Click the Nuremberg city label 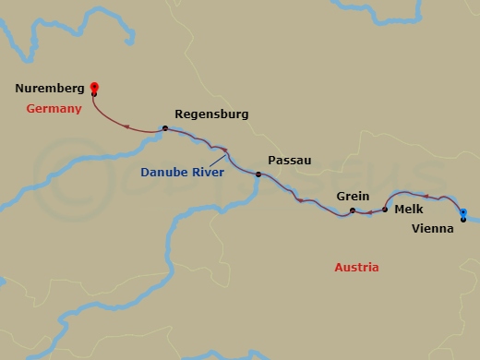click(49, 91)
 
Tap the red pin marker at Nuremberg click(94, 89)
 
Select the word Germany click(54, 108)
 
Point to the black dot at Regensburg click(165, 128)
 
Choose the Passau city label click(290, 161)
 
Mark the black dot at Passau click(258, 174)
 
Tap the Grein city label click(354, 197)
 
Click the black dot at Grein click(353, 211)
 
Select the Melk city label click(408, 210)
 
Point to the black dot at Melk click(385, 210)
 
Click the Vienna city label click(433, 229)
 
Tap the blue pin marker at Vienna click(463, 211)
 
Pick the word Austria click(356, 268)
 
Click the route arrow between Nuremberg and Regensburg click(125, 126)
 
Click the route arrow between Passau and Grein click(298, 199)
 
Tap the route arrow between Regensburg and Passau click(223, 150)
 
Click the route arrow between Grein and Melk click(369, 213)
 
